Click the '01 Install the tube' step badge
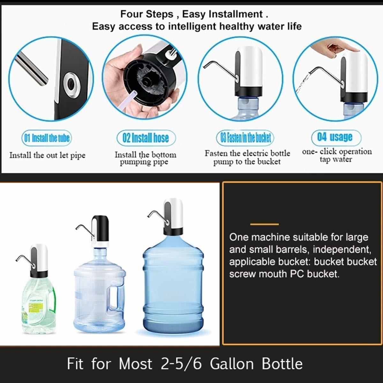click(47, 138)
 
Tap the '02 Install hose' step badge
click(146, 138)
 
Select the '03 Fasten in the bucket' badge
click(245, 138)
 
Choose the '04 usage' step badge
click(336, 137)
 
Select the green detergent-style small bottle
click(38, 306)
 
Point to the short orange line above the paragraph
click(264, 224)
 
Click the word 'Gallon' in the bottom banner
click(232, 364)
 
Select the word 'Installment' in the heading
click(236, 14)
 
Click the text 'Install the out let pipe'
click(47, 155)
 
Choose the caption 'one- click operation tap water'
click(337, 155)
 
